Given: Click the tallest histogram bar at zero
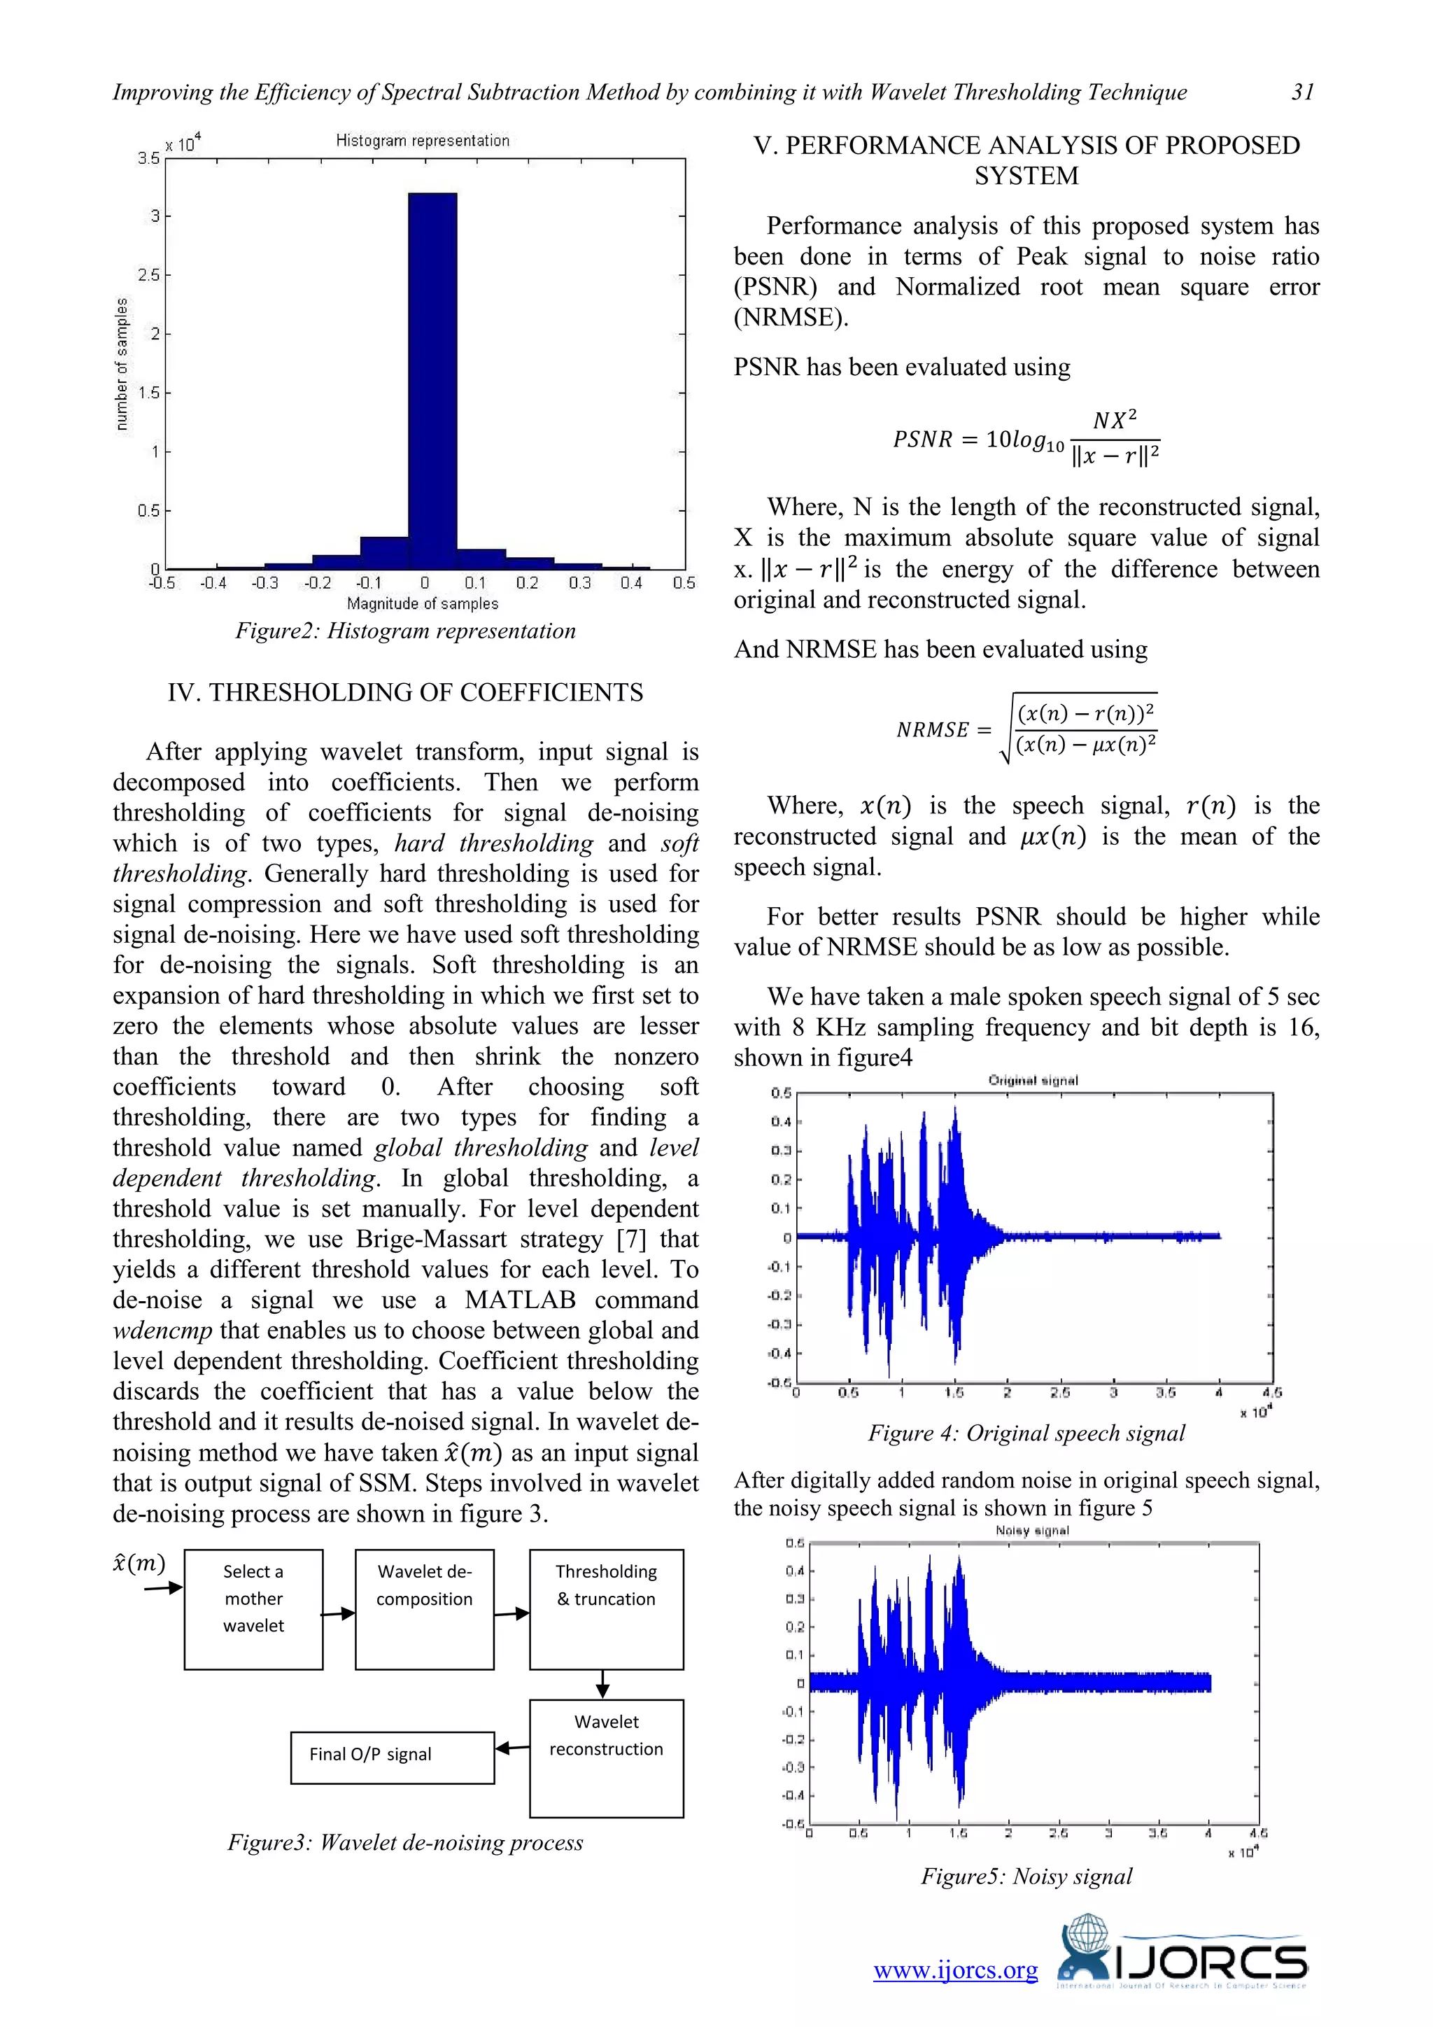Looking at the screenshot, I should [x=432, y=379].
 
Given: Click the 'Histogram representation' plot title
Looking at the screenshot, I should [x=422, y=141].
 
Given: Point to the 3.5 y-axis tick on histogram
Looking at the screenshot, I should [x=148, y=158].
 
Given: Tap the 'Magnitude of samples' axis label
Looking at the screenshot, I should [x=422, y=604].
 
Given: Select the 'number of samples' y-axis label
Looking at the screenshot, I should [x=122, y=364].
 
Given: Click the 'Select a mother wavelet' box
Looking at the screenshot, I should [x=253, y=1608].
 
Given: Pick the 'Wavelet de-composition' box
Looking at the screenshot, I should [x=425, y=1608].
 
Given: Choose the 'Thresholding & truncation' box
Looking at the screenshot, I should [x=606, y=1608].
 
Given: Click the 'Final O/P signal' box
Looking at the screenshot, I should [x=392, y=1757].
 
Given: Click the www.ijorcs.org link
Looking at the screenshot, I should [x=956, y=1970].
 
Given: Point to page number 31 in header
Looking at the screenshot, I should [x=1302, y=92].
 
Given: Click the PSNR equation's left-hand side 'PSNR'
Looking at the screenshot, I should [x=922, y=439].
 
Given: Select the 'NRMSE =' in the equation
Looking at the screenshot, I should [x=943, y=730].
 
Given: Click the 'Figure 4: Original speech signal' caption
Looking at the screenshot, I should [x=1026, y=1433].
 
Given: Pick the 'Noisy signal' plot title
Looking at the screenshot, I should [x=1031, y=1531].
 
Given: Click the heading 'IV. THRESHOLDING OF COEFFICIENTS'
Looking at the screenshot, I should [x=405, y=692].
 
